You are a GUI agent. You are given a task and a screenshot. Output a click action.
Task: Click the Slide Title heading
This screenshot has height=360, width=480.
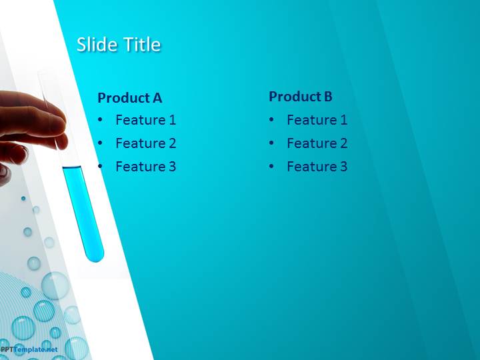(x=119, y=45)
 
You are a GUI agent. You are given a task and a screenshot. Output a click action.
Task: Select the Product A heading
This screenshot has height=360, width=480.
(x=130, y=97)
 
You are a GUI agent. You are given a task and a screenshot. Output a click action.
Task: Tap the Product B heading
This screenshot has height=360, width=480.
(x=301, y=97)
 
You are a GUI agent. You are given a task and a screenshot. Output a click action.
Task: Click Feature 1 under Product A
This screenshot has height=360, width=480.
(x=146, y=120)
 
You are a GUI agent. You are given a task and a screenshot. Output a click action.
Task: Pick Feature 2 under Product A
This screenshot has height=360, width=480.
(x=146, y=143)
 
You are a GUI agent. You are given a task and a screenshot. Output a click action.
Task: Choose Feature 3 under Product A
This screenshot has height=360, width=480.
(x=146, y=167)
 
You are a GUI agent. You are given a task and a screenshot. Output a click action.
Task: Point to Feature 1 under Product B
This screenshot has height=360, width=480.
(x=317, y=120)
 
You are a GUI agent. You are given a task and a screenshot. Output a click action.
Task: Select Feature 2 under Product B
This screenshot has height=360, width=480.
(x=317, y=143)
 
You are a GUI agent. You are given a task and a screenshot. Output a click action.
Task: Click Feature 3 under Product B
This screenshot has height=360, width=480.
(x=317, y=167)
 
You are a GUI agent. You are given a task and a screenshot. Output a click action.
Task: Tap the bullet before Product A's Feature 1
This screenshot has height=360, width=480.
(x=100, y=120)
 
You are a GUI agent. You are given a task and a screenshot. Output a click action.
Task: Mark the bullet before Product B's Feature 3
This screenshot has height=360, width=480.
(x=271, y=167)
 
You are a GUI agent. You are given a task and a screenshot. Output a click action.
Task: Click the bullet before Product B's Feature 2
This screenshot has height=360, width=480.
(x=271, y=143)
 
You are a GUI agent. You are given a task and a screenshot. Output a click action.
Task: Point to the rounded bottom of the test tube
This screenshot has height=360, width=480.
(x=95, y=257)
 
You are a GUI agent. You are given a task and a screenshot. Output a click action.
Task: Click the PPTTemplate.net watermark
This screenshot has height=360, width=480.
(x=29, y=349)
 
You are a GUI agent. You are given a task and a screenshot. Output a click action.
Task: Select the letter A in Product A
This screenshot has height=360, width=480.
(x=157, y=97)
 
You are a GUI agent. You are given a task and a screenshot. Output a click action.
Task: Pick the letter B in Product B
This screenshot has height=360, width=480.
(x=328, y=97)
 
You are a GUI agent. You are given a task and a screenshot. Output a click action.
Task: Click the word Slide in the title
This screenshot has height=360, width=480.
(x=98, y=45)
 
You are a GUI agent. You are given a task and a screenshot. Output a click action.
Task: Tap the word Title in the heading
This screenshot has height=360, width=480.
(x=143, y=45)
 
